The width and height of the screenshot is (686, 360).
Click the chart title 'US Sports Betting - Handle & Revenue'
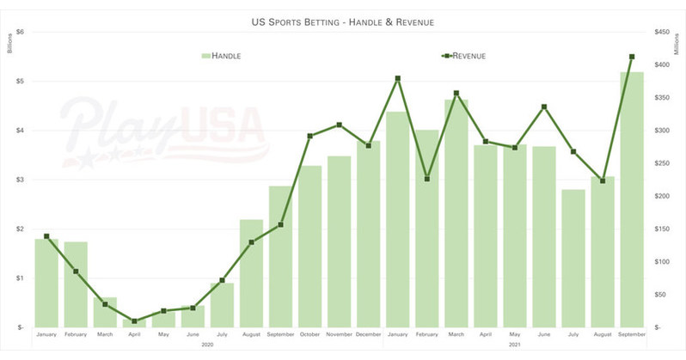[343, 16]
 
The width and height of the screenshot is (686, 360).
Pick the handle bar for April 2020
[134, 323]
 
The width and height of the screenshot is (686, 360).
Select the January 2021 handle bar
[397, 219]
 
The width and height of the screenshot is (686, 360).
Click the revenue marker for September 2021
[632, 57]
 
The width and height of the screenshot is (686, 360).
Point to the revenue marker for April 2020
[134, 321]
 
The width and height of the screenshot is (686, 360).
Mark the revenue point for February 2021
[426, 179]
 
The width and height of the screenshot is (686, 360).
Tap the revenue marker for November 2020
[339, 125]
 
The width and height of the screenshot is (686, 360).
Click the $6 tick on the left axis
[20, 32]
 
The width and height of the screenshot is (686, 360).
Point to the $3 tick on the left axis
[20, 180]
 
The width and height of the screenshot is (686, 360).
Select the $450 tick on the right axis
[662, 32]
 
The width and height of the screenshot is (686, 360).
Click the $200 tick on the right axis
[662, 196]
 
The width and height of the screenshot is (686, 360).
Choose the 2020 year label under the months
[207, 345]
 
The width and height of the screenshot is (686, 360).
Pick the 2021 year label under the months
[514, 345]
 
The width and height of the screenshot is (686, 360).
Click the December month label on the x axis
[368, 335]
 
